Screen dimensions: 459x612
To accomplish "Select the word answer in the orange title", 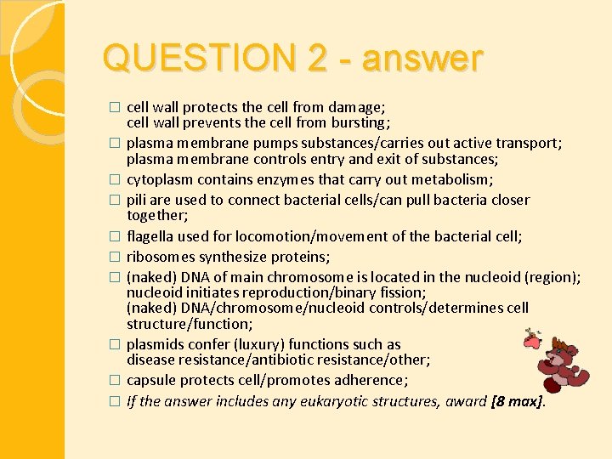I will point(422,59).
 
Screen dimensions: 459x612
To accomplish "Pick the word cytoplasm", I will point(160,179).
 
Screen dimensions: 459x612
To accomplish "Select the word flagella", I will point(150,236).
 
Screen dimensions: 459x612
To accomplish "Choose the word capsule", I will point(151,380).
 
